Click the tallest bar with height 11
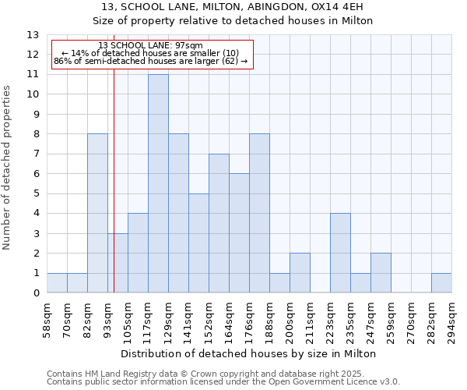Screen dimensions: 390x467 [158, 183]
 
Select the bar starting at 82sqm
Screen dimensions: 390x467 [97, 213]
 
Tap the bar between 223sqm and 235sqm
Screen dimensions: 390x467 [340, 253]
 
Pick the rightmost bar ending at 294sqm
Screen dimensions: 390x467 [441, 283]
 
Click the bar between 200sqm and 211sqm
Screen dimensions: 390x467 [300, 273]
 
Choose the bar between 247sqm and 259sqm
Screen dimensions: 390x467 [381, 273]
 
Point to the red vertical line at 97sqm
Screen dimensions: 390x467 [114, 195]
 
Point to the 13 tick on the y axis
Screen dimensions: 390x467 [33, 35]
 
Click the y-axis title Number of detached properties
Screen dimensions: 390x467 [8, 168]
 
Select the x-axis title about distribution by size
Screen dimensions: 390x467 [249, 353]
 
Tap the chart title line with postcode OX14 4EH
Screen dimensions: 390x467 [233, 7]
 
